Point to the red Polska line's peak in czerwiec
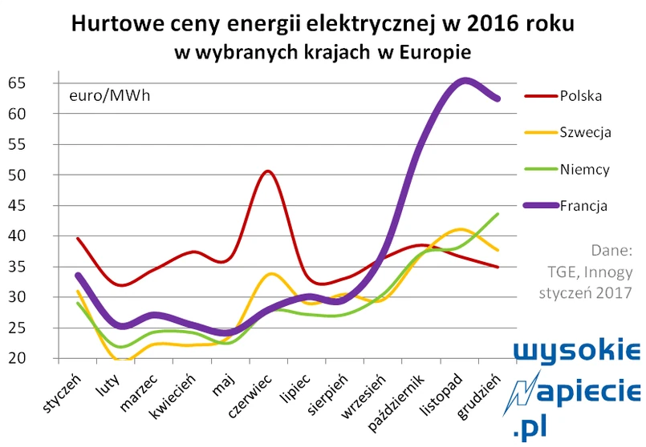coord(266,171)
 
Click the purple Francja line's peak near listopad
coord(464,80)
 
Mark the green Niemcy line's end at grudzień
coord(498,214)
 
